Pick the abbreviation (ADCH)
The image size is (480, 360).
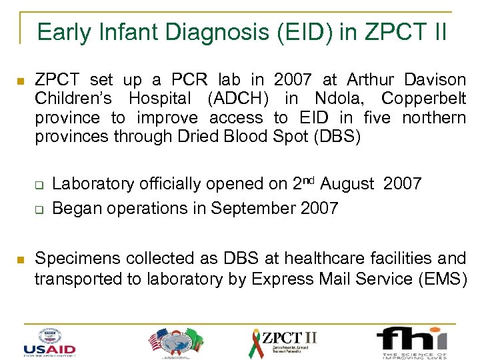pos(238,99)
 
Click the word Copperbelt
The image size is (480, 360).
pos(423,99)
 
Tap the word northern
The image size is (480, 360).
pos(433,118)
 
